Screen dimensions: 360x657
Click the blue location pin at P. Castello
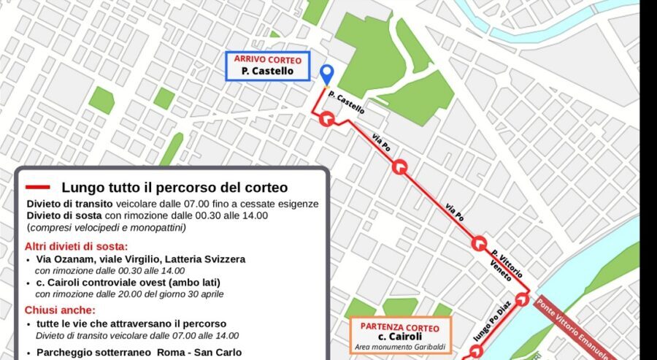pos(327,74)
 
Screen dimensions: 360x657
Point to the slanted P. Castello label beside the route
pos(347,103)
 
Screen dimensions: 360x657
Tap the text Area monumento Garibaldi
pos(401,347)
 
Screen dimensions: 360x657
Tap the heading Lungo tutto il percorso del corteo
pos(174,188)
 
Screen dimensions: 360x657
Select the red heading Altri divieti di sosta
pos(77,246)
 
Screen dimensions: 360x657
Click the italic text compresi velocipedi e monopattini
pos(107,228)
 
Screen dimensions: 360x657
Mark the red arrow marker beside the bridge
pos(522,297)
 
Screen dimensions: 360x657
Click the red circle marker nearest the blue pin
pos(327,120)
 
